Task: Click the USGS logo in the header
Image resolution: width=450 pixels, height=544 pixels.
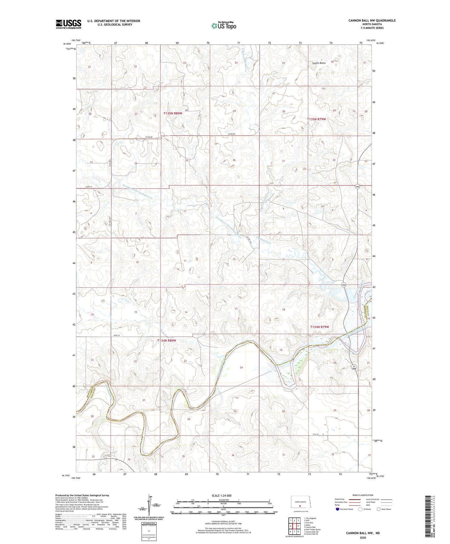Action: (69, 24)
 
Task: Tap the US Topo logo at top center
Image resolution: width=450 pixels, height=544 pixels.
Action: (223, 26)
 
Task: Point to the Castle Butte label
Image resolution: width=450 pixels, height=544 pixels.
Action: (319, 63)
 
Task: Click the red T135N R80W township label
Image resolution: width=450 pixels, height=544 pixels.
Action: (173, 113)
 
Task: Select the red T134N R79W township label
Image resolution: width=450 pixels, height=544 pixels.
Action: (320, 327)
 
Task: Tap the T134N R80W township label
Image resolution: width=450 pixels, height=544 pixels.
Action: (167, 341)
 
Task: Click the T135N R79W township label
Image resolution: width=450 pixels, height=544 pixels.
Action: (316, 119)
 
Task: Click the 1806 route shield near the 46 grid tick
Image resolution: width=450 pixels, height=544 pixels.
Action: (358, 186)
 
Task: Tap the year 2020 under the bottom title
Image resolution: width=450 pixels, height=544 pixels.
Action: (363, 537)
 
